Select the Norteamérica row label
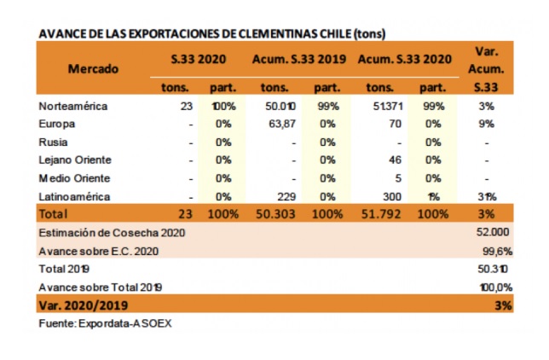point(75,107)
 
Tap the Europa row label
point(57,124)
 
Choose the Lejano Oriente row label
point(76,160)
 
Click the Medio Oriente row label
point(75,177)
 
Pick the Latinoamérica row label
point(74,195)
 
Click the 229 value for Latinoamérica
point(286,195)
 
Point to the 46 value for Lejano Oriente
point(394,160)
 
